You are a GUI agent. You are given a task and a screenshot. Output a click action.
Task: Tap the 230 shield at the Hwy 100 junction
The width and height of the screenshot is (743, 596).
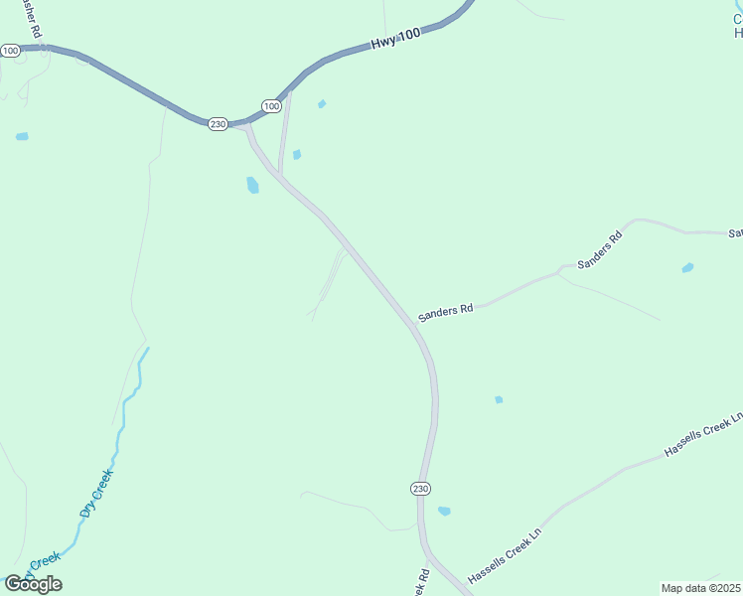point(219,123)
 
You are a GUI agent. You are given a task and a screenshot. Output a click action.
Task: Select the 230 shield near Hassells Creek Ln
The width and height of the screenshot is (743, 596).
point(420,488)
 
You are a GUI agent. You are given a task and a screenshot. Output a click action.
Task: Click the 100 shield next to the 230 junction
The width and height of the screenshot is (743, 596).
point(271,105)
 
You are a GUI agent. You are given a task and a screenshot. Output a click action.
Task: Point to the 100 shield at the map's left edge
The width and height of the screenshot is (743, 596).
point(10,50)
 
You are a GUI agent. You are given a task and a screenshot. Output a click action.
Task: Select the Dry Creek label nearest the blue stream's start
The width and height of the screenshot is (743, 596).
point(96,494)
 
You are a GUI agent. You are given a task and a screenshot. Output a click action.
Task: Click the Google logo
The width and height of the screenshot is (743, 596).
point(33,583)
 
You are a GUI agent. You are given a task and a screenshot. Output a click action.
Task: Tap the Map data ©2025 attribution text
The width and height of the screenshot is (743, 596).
point(701,588)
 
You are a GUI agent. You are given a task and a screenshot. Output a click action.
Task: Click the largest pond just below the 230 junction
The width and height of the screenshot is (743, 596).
point(252,185)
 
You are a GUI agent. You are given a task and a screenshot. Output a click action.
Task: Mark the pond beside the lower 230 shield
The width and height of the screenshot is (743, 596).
point(444,512)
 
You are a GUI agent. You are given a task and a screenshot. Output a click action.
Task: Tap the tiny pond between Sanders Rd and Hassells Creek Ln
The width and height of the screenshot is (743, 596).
point(499,399)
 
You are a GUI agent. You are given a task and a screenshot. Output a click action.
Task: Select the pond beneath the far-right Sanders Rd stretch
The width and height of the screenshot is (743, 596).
point(687,267)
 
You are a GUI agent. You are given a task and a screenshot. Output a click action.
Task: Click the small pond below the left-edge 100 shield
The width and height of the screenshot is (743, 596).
point(22,136)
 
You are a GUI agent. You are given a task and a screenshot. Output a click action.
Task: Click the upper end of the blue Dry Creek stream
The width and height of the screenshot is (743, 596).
point(148,349)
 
